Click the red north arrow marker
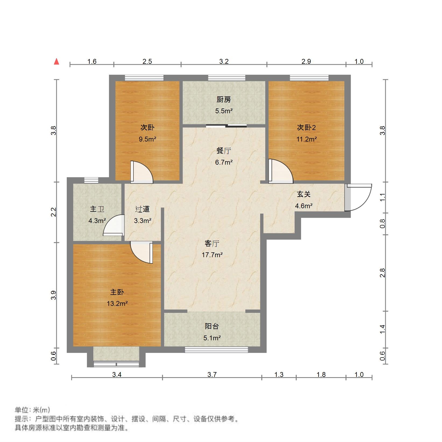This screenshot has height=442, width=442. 56,62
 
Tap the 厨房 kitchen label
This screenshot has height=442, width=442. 224,100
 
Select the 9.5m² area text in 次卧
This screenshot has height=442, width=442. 147,139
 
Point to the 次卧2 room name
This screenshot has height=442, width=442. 306,127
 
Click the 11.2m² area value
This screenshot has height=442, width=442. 306,139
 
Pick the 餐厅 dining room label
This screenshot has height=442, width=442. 224,151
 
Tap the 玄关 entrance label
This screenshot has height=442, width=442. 304,194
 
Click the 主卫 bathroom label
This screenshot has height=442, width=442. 97,209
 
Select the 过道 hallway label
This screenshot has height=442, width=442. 142,209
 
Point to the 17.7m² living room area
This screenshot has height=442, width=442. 212,255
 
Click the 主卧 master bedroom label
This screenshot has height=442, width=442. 117,292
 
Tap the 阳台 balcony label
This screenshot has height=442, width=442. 212,326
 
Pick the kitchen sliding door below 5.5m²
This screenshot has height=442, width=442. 226,125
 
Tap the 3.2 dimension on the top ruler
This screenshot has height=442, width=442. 224,62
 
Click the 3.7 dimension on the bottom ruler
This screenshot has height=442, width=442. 212,374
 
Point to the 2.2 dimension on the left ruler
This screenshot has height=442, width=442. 54,212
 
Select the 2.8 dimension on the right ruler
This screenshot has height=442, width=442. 383,273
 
